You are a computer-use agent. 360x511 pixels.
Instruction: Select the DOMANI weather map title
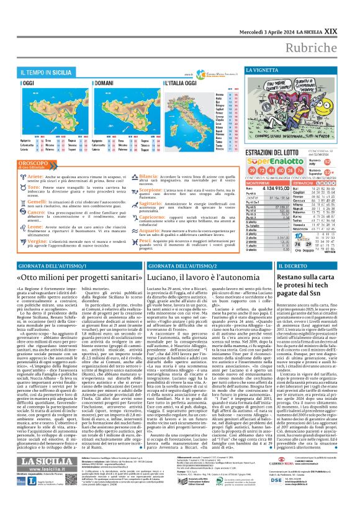pos(94,82)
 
